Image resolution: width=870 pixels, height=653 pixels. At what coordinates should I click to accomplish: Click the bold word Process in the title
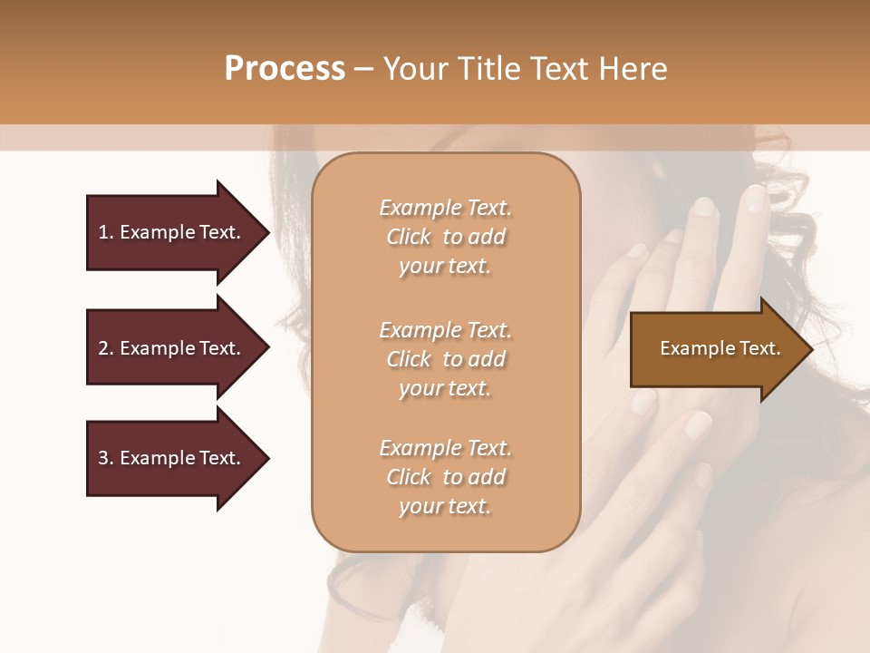tap(285, 69)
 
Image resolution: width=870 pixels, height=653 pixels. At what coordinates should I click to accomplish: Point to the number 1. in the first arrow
tap(105, 232)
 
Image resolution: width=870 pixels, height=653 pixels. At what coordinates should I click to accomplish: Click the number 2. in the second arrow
tap(105, 348)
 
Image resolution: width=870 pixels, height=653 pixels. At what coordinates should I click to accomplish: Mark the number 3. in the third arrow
tap(105, 458)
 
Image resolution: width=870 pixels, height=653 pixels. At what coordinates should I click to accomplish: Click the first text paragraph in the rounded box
tap(445, 237)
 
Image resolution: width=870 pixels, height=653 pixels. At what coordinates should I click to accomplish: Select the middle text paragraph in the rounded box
tap(445, 358)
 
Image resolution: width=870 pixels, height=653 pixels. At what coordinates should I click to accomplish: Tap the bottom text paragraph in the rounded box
tap(445, 477)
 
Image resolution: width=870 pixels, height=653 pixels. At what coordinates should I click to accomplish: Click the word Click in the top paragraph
tap(408, 237)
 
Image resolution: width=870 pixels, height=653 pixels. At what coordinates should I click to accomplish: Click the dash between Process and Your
tap(364, 69)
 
